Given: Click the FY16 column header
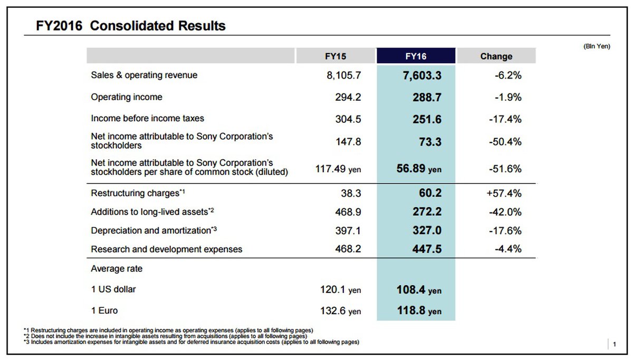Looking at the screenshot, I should [x=416, y=56].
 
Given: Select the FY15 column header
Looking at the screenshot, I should [x=336, y=56].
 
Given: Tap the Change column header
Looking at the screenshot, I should [x=496, y=56].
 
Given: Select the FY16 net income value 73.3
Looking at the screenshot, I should [x=427, y=142].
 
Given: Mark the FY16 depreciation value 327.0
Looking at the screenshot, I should [x=421, y=231].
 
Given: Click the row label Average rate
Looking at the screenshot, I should [x=117, y=269].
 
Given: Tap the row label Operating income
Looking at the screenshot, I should [x=127, y=98].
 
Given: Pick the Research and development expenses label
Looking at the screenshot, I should [x=167, y=249].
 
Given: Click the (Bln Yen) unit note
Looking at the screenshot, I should [x=597, y=46].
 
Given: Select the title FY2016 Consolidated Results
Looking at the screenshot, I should [x=131, y=26].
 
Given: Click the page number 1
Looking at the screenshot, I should [x=614, y=345].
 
